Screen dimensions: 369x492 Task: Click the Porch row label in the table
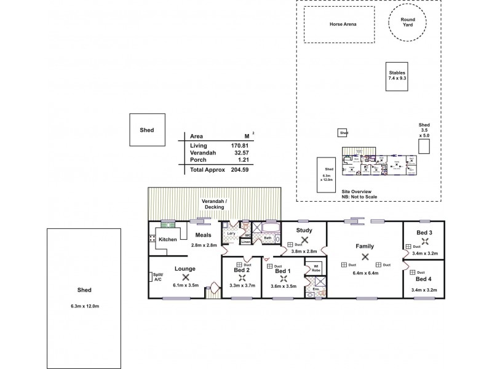tap(198, 159)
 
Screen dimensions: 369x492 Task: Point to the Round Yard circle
tap(408, 23)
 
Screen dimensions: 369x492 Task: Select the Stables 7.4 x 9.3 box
tap(397, 76)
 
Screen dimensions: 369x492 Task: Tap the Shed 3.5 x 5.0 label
tap(424, 130)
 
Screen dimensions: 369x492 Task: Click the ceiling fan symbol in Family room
tap(365, 257)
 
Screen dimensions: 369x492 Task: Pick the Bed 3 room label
tap(424, 232)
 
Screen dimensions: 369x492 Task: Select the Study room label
tap(304, 230)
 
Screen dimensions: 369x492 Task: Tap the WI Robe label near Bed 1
tap(316, 269)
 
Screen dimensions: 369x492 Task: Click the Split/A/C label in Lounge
tap(157, 277)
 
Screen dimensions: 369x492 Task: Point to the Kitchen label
tap(168, 239)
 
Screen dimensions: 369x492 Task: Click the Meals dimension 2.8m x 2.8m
tap(203, 245)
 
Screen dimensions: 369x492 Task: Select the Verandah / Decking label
tap(215, 205)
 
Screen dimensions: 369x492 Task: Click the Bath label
tap(268, 237)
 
